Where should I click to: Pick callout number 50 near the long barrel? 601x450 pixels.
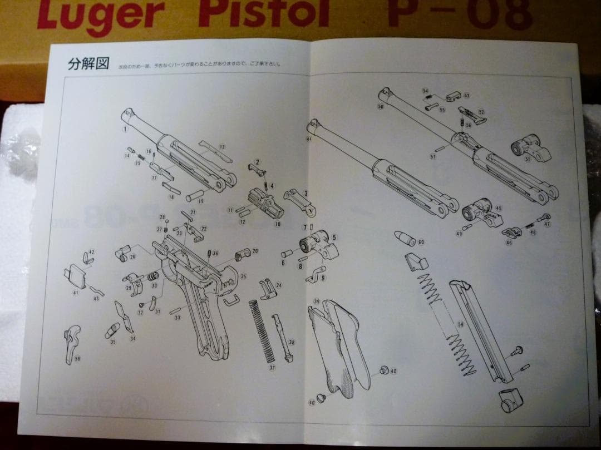tap(381, 106)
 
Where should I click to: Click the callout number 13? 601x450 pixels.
tap(222, 147)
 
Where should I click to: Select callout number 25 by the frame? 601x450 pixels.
tap(243, 276)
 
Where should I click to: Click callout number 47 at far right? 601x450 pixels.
tap(547, 224)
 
